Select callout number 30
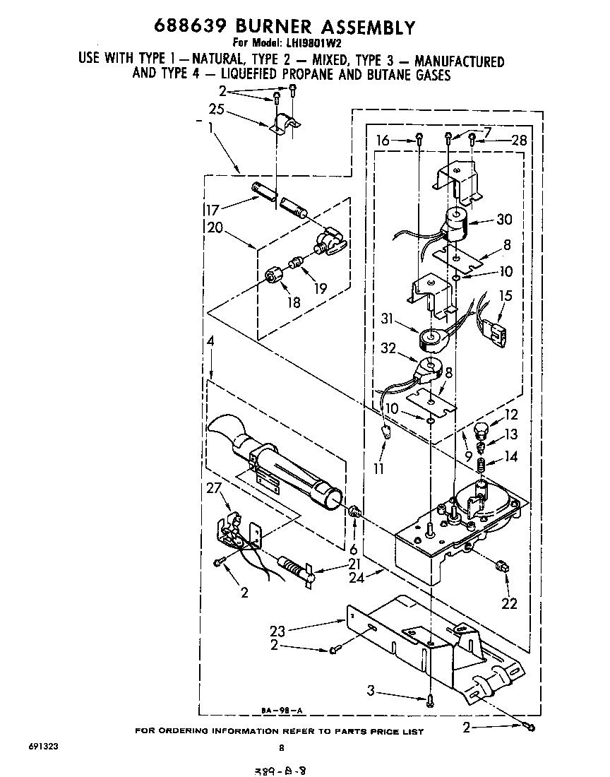pos(504,220)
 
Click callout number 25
pos(217,109)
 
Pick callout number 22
pos(508,603)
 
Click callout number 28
pos(519,141)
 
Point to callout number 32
pos(389,348)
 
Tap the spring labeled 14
pos(481,467)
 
